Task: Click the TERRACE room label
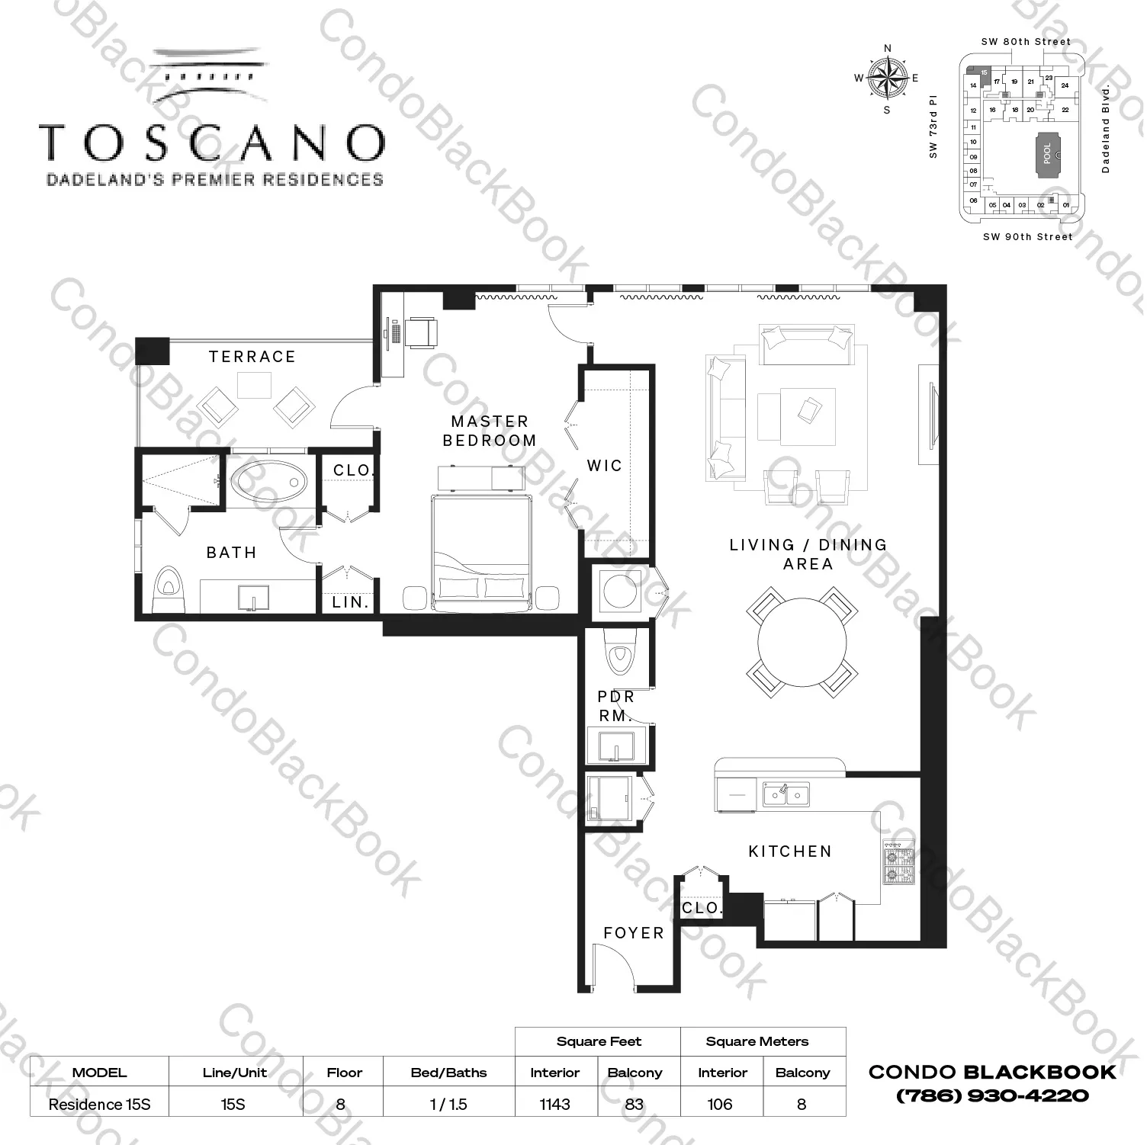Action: click(x=252, y=357)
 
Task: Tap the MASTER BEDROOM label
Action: click(x=490, y=431)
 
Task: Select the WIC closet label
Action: click(x=605, y=466)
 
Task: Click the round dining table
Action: click(x=802, y=642)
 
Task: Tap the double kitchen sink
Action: click(x=786, y=794)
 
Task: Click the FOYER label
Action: click(x=634, y=933)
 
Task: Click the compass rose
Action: click(x=887, y=79)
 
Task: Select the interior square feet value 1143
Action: click(x=554, y=1104)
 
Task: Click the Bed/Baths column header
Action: click(x=448, y=1073)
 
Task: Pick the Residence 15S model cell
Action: click(x=99, y=1104)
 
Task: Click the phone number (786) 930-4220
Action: click(x=992, y=1095)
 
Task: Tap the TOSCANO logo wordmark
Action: click(x=213, y=143)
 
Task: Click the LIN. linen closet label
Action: click(x=351, y=602)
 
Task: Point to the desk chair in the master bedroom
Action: click(x=421, y=333)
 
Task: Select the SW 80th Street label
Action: click(x=1026, y=42)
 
